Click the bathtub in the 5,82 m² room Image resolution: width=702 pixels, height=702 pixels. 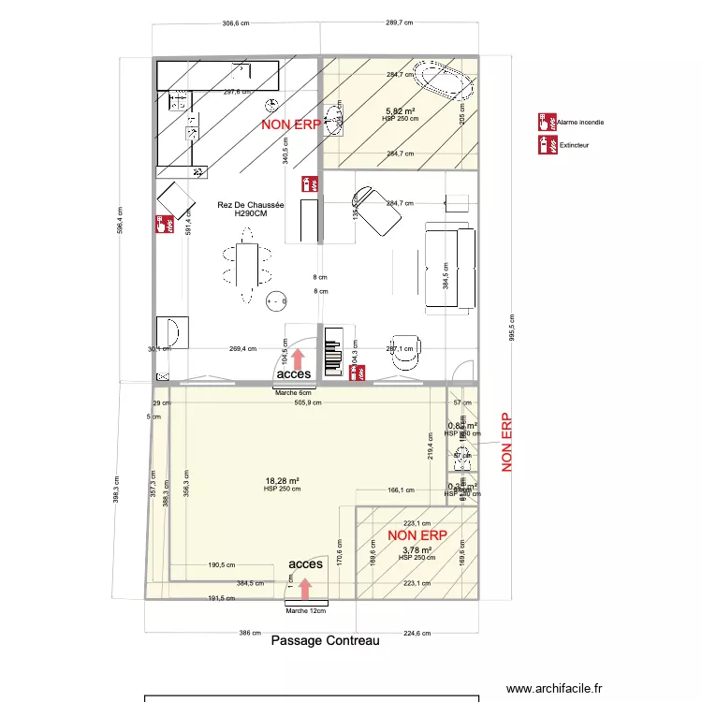pyautogui.click(x=446, y=81)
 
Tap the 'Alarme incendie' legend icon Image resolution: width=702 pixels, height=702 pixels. pyautogui.click(x=544, y=122)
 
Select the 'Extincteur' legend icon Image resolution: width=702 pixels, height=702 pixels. pyautogui.click(x=544, y=144)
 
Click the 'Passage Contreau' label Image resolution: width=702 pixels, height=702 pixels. pyautogui.click(x=325, y=641)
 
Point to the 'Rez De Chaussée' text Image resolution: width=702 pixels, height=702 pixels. pyautogui.click(x=243, y=205)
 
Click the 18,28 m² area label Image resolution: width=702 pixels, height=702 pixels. pyautogui.click(x=282, y=481)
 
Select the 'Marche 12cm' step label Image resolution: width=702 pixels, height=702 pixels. pyautogui.click(x=306, y=610)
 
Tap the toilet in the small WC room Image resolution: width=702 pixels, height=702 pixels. pyautogui.click(x=461, y=459)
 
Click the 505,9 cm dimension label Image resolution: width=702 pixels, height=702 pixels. pyautogui.click(x=308, y=402)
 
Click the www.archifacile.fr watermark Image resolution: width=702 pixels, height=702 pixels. pyautogui.click(x=555, y=688)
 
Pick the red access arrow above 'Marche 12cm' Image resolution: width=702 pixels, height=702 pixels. pyautogui.click(x=305, y=587)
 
